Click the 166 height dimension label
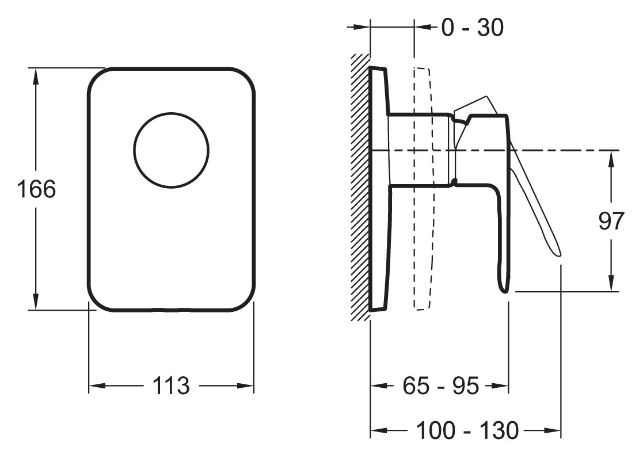point(36,189)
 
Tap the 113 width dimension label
point(172,386)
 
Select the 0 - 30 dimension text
point(472,27)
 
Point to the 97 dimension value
point(611,221)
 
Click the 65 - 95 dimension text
point(440,387)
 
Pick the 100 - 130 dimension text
point(467,430)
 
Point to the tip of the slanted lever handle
point(558,252)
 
